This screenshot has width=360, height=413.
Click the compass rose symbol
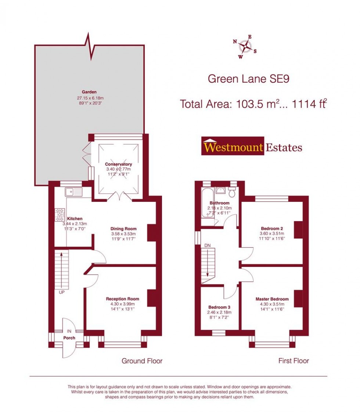coord(245,47)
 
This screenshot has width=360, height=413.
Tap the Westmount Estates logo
coord(252,146)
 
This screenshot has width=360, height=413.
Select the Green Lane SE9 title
coord(249,79)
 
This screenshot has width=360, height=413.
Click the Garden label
coord(89,92)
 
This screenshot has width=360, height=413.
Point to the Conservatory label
coord(119,164)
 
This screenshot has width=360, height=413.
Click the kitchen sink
coord(74,192)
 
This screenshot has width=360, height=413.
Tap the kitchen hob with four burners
coord(60,215)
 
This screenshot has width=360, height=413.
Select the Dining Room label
coord(123,229)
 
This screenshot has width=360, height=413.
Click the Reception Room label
coord(123,299)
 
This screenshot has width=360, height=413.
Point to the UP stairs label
coord(62,292)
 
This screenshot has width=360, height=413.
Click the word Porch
coord(69,338)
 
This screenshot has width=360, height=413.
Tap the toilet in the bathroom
coord(232,192)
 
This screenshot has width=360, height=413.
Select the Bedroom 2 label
coord(272,228)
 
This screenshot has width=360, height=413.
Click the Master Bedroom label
coord(272,299)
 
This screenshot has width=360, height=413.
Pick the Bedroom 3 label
coord(219,307)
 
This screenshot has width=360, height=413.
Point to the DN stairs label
coord(208,246)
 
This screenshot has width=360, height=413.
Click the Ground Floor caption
coord(142,361)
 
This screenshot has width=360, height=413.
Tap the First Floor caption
coord(294,361)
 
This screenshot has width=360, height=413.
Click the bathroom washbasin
coord(220,190)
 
